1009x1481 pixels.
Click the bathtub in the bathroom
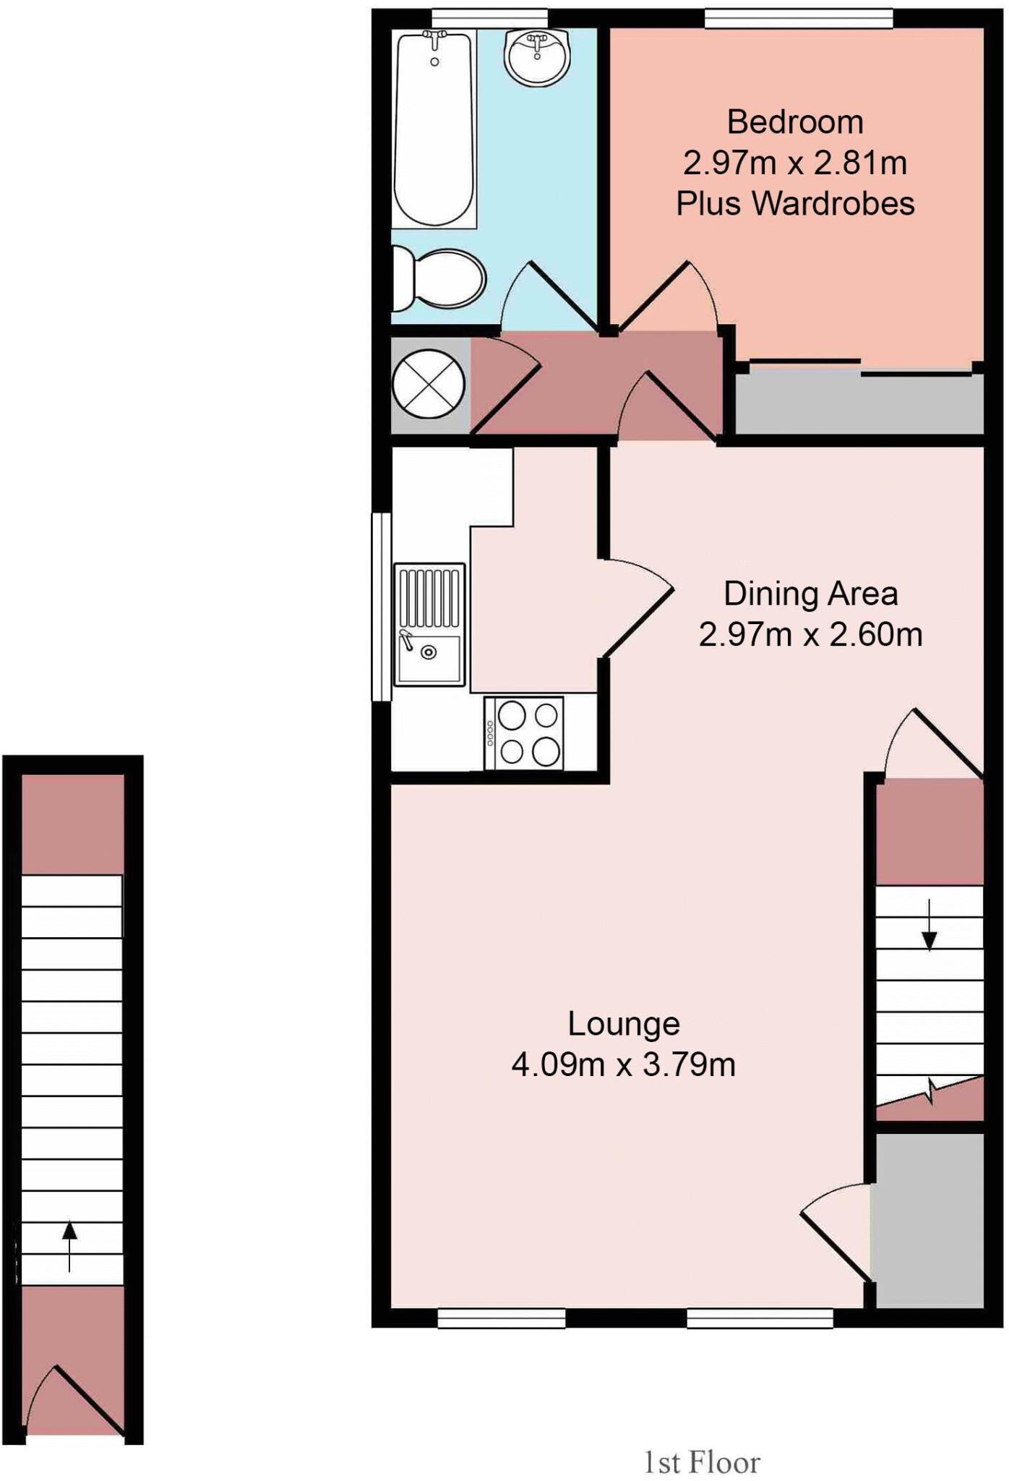click(x=434, y=130)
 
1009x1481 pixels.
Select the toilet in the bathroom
click(x=439, y=279)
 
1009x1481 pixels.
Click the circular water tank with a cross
click(x=429, y=383)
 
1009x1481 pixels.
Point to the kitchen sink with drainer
click(x=429, y=625)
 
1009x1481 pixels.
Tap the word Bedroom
click(x=795, y=121)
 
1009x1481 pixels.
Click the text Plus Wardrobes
click(x=795, y=204)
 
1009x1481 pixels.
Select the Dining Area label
click(x=810, y=594)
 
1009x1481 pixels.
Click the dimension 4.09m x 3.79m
click(x=623, y=1064)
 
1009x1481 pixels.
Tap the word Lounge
click(x=623, y=1024)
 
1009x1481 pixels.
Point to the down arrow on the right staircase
click(x=929, y=926)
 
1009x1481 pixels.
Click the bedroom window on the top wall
click(x=798, y=19)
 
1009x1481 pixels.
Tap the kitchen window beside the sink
click(x=381, y=607)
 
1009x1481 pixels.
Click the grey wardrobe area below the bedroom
click(x=859, y=404)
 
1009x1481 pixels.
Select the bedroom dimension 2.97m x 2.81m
click(x=795, y=163)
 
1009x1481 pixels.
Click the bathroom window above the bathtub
click(x=489, y=19)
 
